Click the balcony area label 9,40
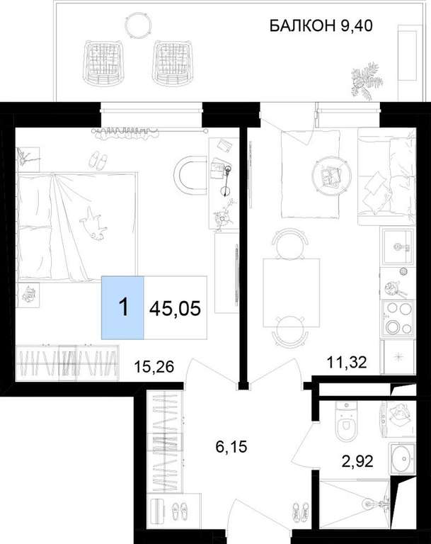click(x=357, y=25)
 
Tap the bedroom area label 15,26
click(x=154, y=366)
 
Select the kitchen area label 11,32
click(x=347, y=363)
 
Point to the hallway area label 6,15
click(x=231, y=447)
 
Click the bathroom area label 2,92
click(x=357, y=461)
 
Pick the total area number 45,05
click(x=175, y=307)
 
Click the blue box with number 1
click(x=122, y=307)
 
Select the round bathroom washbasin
click(x=402, y=458)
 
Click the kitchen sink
click(x=398, y=246)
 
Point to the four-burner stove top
click(x=398, y=319)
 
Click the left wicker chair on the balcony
click(x=103, y=62)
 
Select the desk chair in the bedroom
click(x=189, y=177)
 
